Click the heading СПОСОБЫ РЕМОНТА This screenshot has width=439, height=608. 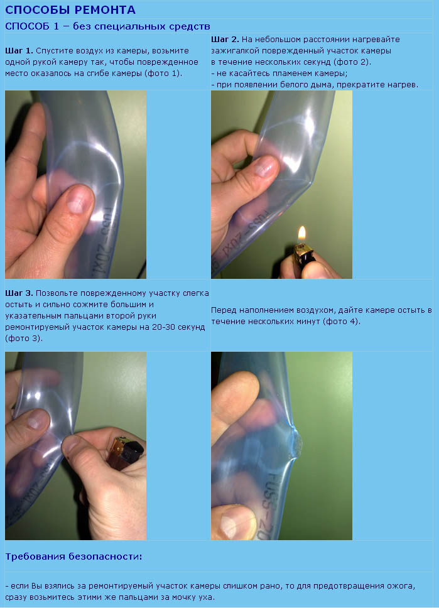click(x=70, y=9)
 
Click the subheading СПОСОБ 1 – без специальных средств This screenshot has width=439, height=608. click(x=107, y=26)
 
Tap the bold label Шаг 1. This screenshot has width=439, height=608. click(x=19, y=51)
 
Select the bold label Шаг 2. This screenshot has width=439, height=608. click(x=225, y=40)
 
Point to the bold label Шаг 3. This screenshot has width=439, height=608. click(x=19, y=293)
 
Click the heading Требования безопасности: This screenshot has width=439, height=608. click(x=73, y=557)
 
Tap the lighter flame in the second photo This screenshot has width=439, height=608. click(x=301, y=234)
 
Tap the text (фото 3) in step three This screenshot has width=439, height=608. click(x=23, y=339)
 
